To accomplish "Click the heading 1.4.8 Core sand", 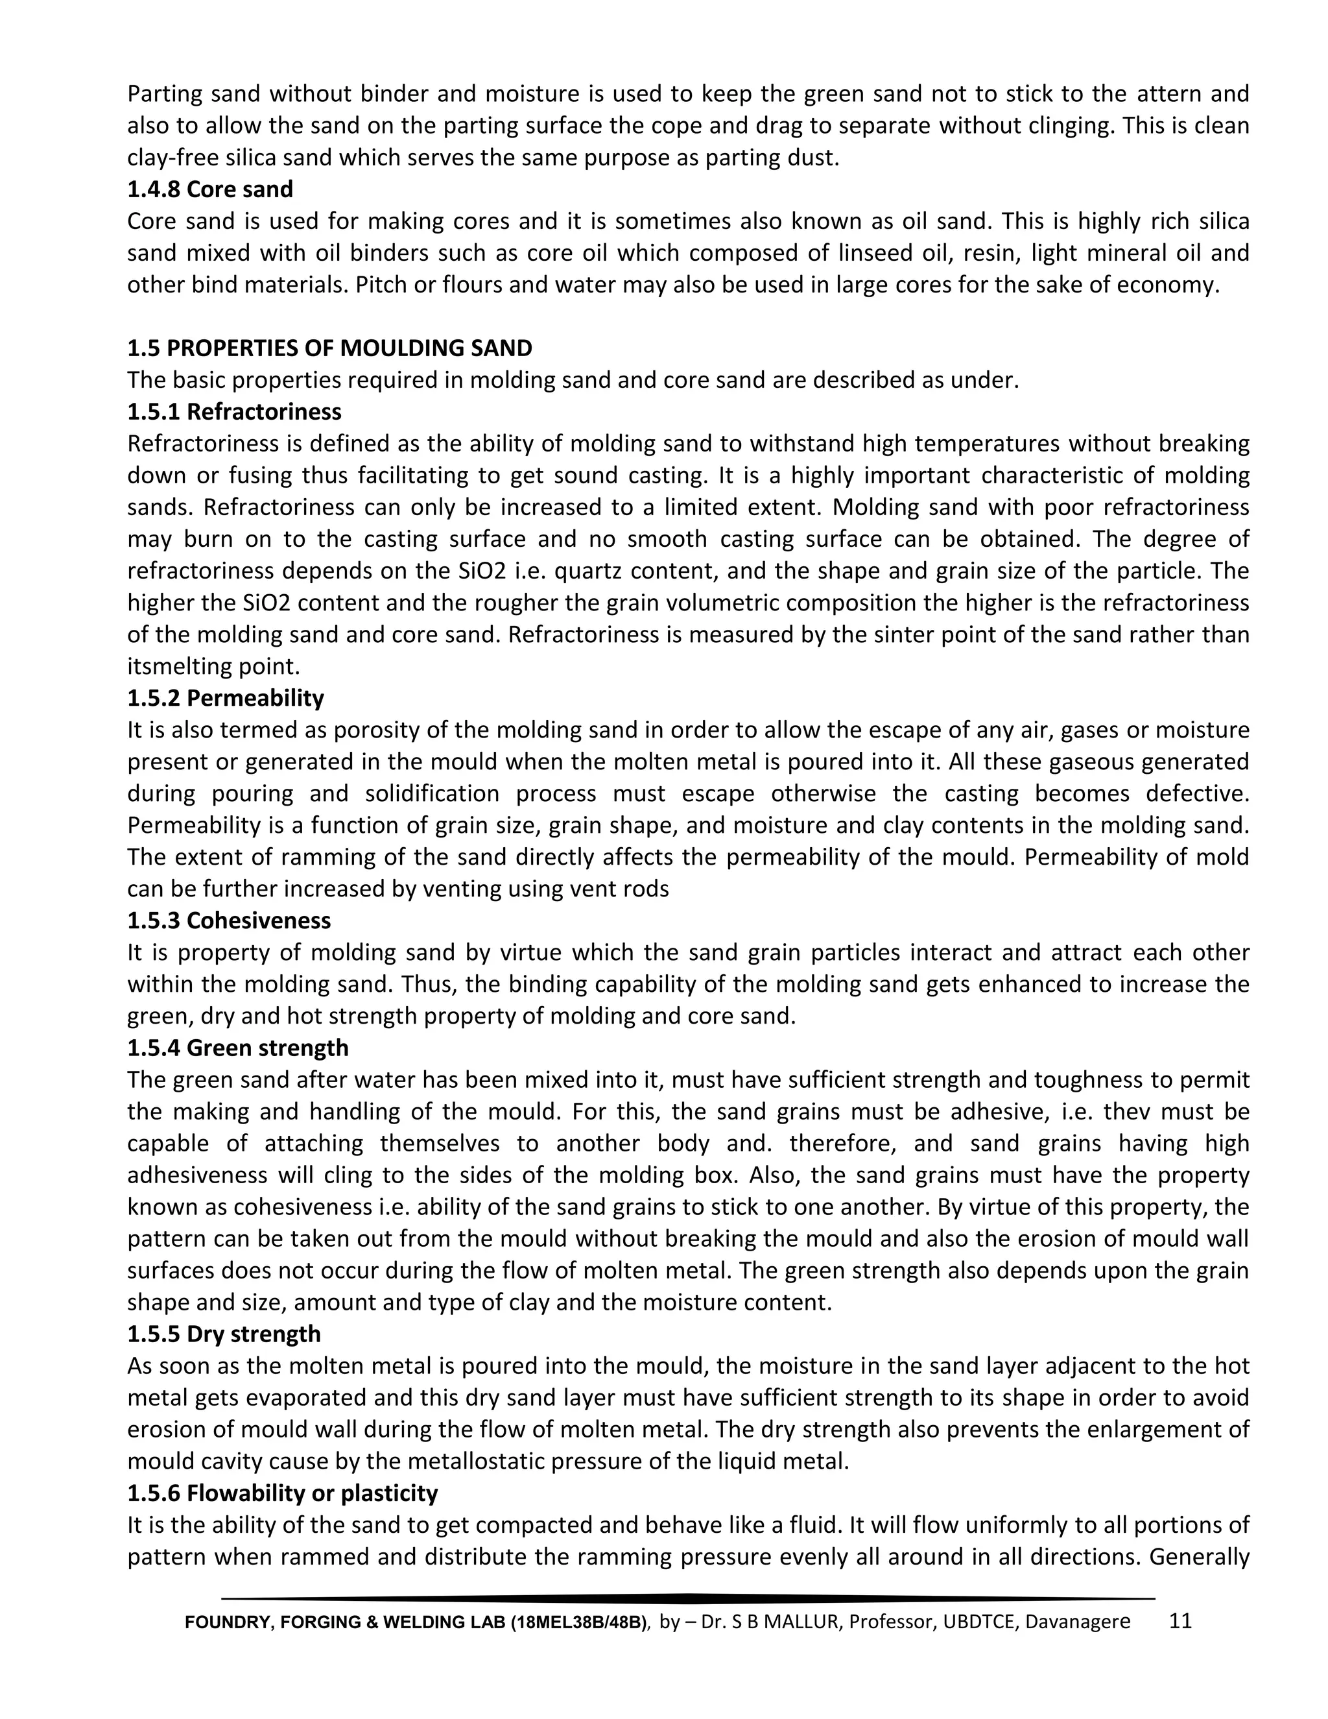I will coord(210,189).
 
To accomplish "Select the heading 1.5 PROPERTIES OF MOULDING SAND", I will coord(329,348).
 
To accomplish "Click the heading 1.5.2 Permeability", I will coord(226,698).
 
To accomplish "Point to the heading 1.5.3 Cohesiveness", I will coord(229,920).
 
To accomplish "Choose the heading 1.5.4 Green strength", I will coord(237,1048).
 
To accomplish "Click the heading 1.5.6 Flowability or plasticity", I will coord(283,1493).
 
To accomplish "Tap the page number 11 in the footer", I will coord(1181,1620).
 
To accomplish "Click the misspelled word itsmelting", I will coord(180,667).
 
